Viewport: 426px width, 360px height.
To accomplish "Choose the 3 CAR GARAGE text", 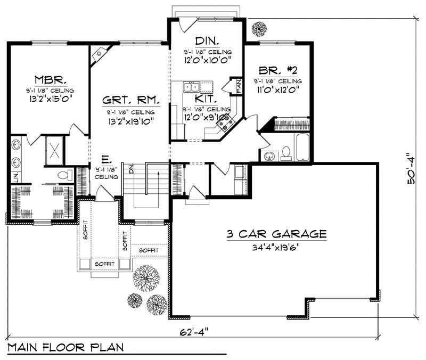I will point(276,234).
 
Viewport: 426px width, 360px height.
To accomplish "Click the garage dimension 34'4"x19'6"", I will point(276,247).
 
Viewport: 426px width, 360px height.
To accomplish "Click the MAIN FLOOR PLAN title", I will point(65,348).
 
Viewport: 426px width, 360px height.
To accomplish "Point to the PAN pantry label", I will point(239,86).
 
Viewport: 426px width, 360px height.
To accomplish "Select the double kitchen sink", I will point(191,86).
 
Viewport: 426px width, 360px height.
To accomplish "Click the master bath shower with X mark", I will point(54,150).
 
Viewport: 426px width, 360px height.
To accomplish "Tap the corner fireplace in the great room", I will point(99,54).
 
